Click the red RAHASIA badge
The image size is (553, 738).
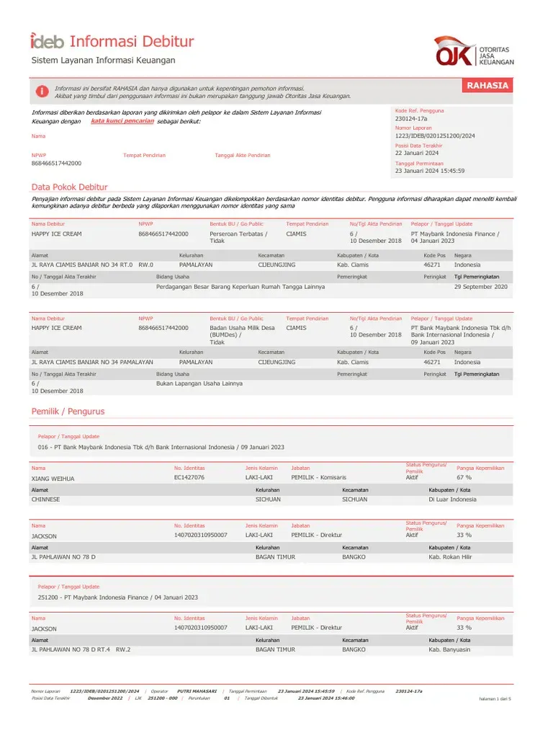(487, 86)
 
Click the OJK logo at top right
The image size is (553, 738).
(473, 51)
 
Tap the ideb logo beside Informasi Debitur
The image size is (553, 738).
(47, 41)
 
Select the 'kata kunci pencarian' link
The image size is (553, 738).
(122, 121)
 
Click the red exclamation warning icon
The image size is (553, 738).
(42, 92)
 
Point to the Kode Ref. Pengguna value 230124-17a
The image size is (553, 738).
(411, 118)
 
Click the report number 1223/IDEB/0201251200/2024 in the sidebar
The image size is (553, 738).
(435, 135)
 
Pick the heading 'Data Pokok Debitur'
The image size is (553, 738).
(69, 187)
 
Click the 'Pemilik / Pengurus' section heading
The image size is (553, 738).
(68, 412)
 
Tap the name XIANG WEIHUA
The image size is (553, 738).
(53, 478)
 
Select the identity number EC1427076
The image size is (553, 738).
(189, 477)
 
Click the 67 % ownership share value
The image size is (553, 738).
(464, 477)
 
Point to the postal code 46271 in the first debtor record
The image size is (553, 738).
(432, 265)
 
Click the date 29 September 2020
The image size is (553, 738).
(480, 287)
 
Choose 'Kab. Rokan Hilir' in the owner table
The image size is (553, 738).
(450, 557)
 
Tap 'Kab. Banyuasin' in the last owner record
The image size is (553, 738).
(449, 649)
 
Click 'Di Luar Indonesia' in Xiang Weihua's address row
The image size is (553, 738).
(452, 499)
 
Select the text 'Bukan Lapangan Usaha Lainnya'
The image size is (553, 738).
(199, 383)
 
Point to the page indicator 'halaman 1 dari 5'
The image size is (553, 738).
(495, 699)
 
